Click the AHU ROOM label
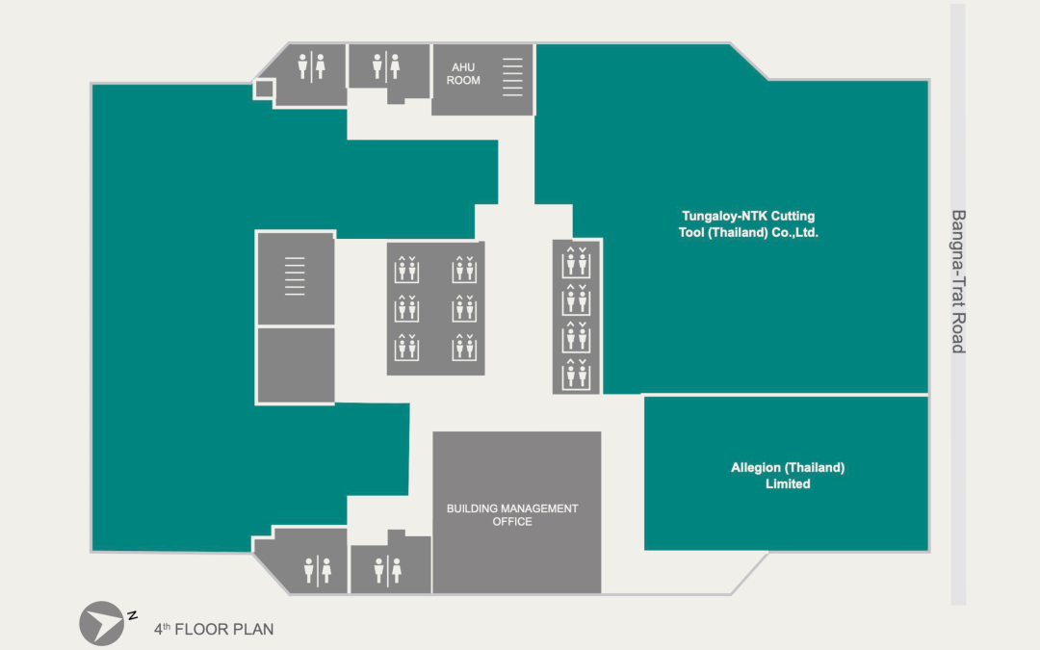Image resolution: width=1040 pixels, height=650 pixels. point(463,73)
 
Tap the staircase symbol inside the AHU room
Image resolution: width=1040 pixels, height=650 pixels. point(513,77)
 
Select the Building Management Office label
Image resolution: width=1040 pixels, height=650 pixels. point(511,514)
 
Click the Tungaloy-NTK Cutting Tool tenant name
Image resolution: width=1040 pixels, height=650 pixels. point(749,224)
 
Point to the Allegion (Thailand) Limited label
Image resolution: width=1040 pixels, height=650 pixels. point(787,476)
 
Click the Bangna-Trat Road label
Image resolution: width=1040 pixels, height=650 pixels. point(957,281)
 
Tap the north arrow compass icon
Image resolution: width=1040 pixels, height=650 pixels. point(102,623)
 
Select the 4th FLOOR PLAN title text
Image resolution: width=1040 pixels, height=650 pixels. point(214,630)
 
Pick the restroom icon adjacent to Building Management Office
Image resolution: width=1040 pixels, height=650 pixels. point(387,570)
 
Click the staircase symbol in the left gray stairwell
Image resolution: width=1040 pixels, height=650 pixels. point(295,275)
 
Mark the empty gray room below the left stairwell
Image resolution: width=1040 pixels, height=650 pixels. point(296,365)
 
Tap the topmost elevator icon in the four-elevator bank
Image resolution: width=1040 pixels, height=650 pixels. point(576,262)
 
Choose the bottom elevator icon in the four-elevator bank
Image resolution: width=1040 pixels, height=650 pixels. point(576,372)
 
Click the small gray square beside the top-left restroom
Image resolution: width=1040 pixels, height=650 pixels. point(263,90)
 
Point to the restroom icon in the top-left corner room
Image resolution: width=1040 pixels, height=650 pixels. point(311,66)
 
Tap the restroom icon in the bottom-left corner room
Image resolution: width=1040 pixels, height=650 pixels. point(317,570)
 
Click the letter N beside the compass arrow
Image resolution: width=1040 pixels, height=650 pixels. point(133,614)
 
